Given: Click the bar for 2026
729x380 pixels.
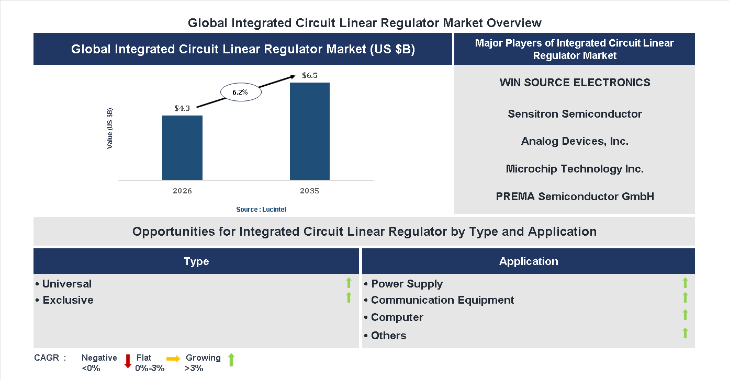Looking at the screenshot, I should [x=182, y=147].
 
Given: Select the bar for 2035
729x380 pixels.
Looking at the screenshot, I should [x=310, y=131].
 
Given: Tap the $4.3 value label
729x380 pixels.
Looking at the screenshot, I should [x=182, y=108].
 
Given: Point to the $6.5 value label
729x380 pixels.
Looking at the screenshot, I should [x=310, y=75].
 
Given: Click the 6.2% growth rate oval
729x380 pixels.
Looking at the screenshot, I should [x=240, y=92].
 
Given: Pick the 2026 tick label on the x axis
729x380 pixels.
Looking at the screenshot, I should [x=182, y=191].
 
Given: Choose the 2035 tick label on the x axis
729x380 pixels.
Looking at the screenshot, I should [x=310, y=191].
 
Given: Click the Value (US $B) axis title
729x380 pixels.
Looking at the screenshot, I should [x=110, y=128].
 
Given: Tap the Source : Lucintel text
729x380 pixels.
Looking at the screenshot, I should [x=261, y=209].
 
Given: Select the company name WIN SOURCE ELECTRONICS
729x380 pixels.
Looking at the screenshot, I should [x=575, y=83].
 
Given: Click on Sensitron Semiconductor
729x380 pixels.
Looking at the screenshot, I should [x=575, y=114].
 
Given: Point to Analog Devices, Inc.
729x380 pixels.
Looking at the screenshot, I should [x=575, y=141].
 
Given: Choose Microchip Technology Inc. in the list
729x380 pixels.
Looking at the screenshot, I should [x=575, y=169].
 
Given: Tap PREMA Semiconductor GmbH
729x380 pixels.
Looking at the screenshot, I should [x=575, y=197].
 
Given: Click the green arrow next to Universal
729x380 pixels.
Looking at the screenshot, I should [x=349, y=283].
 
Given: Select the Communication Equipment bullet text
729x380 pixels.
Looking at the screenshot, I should [x=442, y=300].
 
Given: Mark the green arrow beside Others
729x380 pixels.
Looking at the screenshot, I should [x=685, y=333].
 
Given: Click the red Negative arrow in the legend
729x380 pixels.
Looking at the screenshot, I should [x=128, y=361].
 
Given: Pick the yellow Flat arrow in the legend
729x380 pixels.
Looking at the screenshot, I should [x=173, y=359].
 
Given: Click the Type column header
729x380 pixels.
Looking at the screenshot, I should [x=196, y=261].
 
